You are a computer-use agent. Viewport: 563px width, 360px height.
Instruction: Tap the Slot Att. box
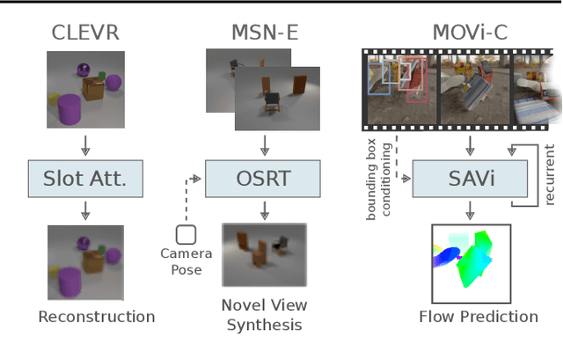point(84,179)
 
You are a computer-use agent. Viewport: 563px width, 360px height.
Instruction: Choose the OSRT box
point(262,179)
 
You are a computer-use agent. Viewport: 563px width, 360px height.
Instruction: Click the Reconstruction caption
point(97,317)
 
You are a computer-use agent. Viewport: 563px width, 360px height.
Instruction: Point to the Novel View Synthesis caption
point(264,315)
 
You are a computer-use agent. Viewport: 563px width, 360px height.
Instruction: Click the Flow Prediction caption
point(478,317)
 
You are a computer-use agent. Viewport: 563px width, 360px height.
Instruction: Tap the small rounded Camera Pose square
point(186,235)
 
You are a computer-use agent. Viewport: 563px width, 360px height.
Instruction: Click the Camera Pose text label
point(186,261)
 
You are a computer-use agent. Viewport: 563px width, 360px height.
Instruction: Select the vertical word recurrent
point(550,175)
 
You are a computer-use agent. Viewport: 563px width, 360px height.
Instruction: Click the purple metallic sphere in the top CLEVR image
point(84,68)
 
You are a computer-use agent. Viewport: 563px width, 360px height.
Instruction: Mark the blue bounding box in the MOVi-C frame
point(380,78)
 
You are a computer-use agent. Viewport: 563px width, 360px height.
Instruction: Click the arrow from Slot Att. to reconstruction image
point(84,209)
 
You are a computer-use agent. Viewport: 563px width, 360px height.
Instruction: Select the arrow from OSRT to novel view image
point(262,209)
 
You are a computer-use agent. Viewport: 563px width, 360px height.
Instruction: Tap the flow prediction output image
point(471,263)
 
